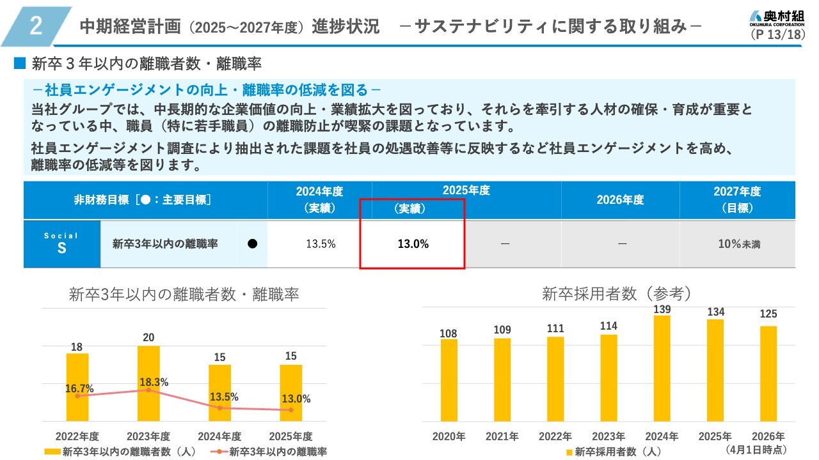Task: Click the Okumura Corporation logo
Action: (777, 19)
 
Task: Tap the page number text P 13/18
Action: (777, 34)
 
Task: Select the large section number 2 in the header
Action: (36, 26)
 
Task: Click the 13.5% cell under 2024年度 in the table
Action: (321, 244)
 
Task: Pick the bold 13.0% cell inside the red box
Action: (413, 244)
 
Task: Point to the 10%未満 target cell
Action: (739, 244)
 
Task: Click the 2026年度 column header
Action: (620, 200)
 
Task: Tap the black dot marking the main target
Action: (252, 243)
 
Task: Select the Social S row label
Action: (61, 243)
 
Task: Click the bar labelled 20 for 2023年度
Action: (148, 383)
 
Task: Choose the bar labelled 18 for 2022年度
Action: (77, 387)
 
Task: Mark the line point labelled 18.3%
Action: (148, 390)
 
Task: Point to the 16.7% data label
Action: (79, 389)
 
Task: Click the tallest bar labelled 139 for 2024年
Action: (662, 369)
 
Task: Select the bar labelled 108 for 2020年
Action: (449, 380)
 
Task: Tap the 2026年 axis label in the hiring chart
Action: (768, 436)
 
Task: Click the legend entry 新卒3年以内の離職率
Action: (269, 452)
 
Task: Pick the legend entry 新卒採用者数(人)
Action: (614, 452)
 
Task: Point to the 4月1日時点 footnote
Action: (756, 449)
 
